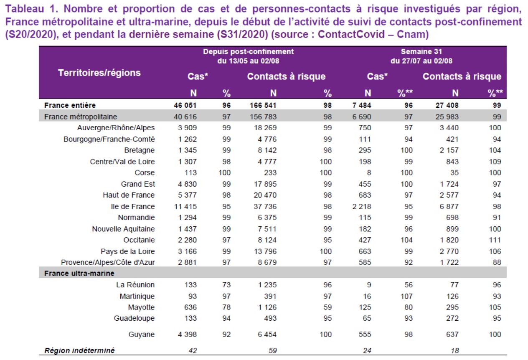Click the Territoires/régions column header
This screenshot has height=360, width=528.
click(99, 73)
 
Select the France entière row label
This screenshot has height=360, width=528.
click(70, 105)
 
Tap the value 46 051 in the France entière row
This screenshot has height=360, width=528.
click(185, 105)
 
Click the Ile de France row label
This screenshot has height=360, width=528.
click(133, 206)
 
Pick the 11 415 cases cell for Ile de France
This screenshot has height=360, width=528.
click(185, 206)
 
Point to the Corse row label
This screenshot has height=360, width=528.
click(145, 172)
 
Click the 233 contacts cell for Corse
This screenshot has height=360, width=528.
click(270, 172)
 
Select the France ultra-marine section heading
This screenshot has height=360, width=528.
click(79, 273)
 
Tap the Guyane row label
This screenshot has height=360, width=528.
click(142, 335)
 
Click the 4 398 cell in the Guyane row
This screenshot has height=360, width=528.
click(187, 335)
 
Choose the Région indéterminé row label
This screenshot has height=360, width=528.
click(79, 350)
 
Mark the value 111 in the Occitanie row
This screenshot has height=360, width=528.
click(495, 240)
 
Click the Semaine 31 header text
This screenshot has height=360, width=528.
click(421, 52)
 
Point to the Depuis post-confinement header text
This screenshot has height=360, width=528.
click(249, 52)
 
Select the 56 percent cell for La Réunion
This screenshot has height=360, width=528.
click(409, 284)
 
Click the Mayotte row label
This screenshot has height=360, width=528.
click(141, 307)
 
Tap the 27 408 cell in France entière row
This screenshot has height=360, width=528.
click(447, 105)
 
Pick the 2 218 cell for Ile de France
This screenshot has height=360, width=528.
click(362, 206)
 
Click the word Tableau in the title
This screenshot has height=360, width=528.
click(25, 9)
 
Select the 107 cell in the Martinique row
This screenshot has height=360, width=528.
click(406, 296)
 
